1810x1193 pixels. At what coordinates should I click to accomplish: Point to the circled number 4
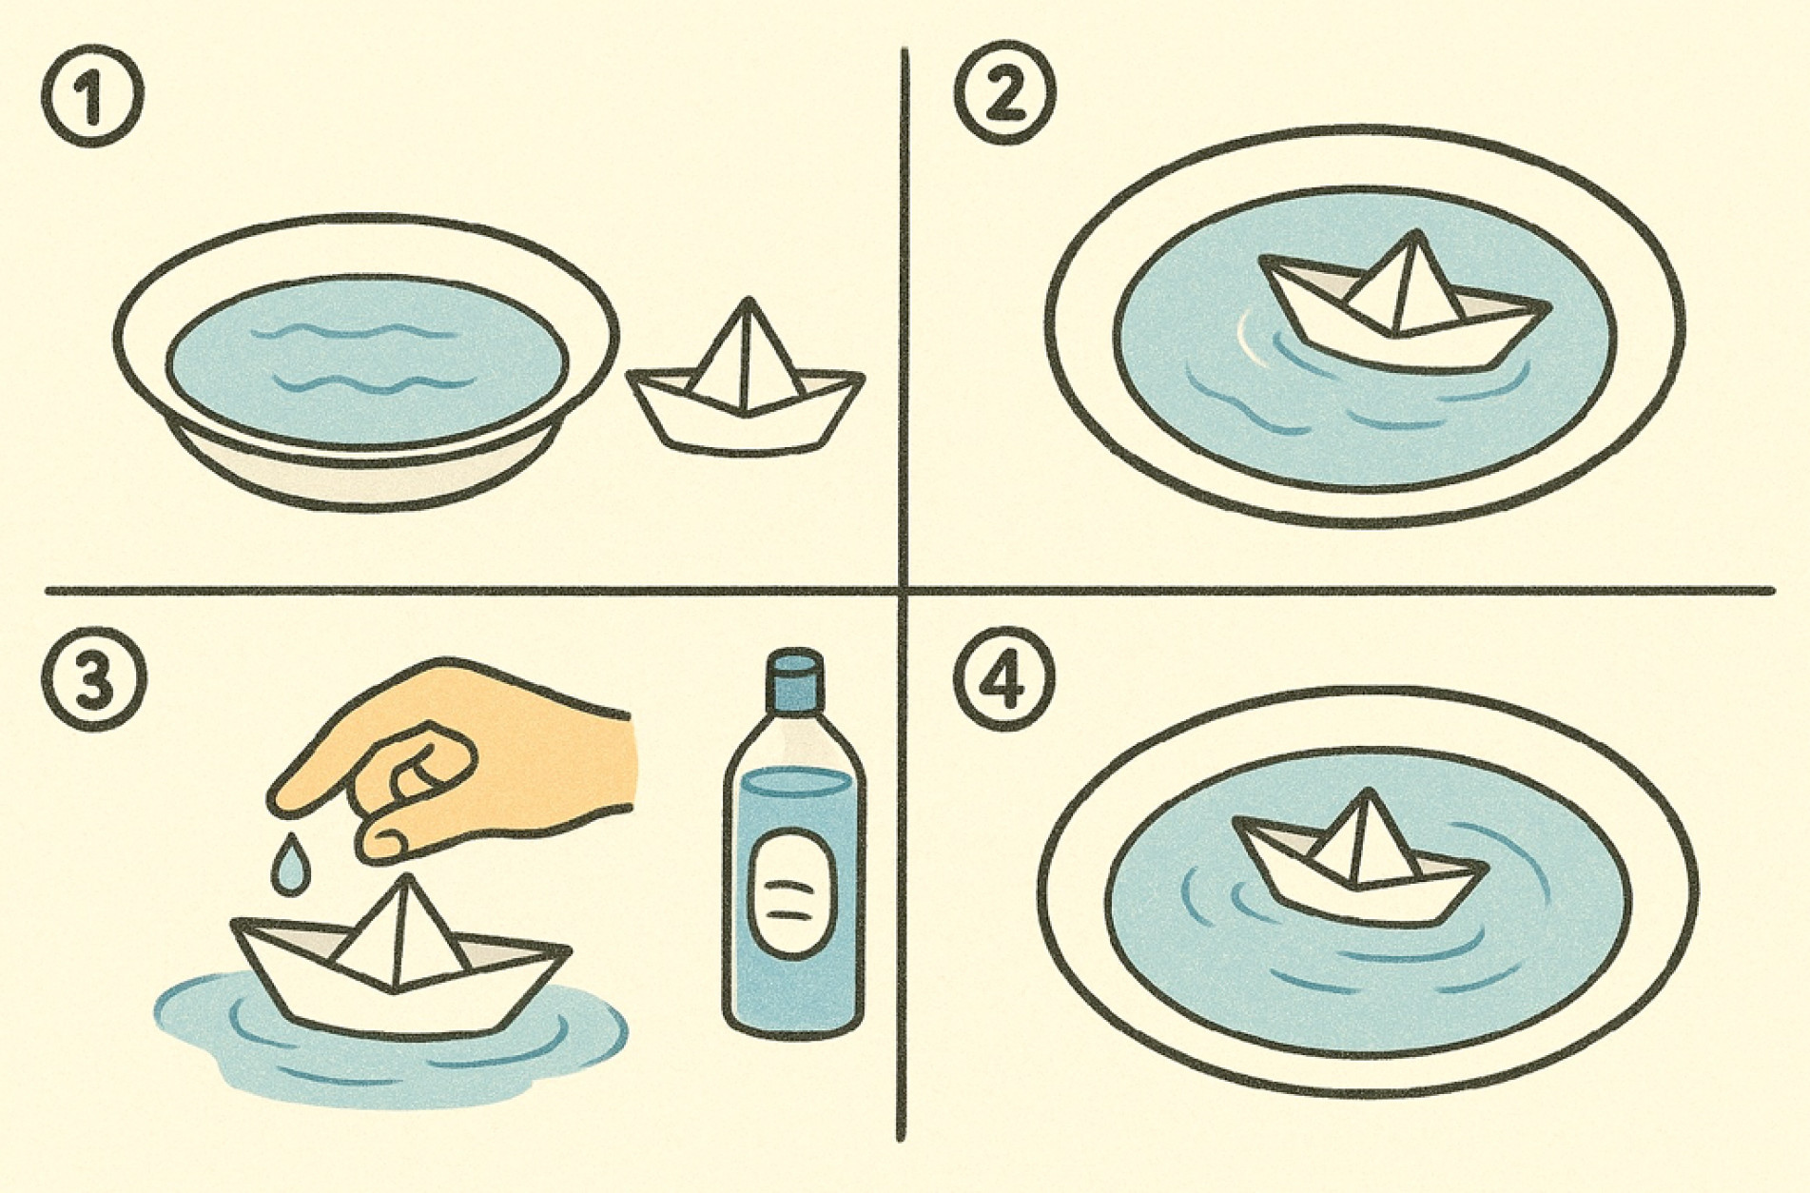point(1004,681)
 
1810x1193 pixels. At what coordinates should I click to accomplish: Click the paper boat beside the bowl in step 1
point(746,385)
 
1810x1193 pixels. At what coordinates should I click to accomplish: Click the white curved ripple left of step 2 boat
point(1248,339)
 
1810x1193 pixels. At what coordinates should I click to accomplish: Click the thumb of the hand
point(399,836)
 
